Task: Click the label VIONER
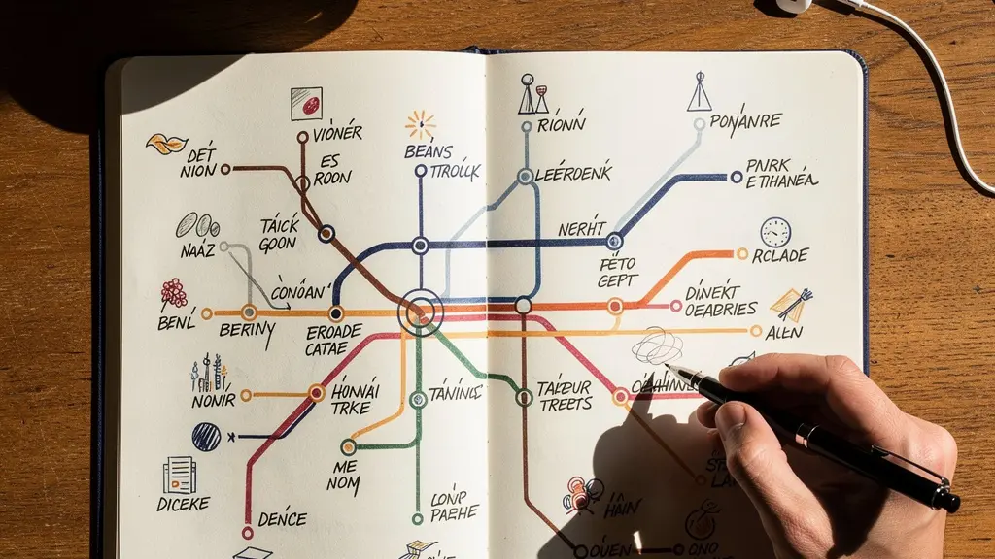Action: point(336,133)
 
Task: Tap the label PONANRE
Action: point(745,121)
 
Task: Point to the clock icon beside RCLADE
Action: point(775,232)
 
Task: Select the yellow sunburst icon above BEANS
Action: point(421,124)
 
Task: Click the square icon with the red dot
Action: point(306,103)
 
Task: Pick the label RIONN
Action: point(563,124)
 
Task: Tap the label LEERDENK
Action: point(573,174)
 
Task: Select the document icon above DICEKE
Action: point(180,475)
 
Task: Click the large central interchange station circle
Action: point(420,312)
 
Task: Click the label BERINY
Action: point(248,331)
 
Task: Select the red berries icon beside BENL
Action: point(174,292)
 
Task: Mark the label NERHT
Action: point(582,229)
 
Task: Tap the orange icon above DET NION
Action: point(165,144)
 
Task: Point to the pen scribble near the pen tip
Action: point(657,345)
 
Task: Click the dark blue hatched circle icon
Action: point(206,437)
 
